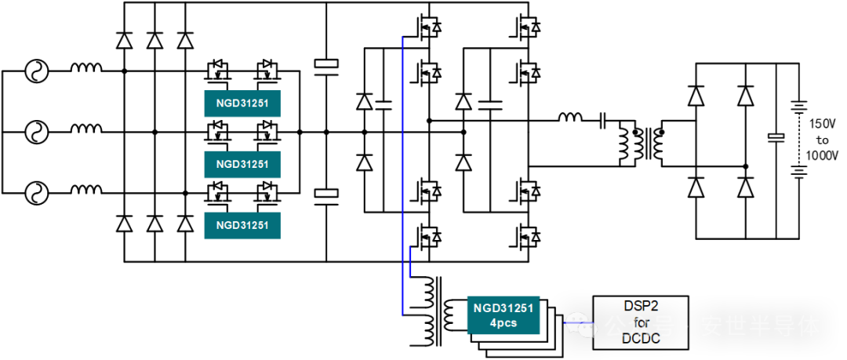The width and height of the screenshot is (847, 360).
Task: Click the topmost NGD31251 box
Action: pyautogui.click(x=242, y=104)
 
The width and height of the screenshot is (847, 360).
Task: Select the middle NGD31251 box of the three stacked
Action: pyautogui.click(x=242, y=165)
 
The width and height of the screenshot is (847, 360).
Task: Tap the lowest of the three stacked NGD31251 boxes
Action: pyautogui.click(x=242, y=226)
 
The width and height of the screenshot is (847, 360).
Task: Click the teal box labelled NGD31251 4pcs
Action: pyautogui.click(x=503, y=315)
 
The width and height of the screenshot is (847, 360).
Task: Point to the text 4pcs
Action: pyautogui.click(x=503, y=323)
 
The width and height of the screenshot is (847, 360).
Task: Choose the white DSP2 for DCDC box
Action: pyautogui.click(x=641, y=322)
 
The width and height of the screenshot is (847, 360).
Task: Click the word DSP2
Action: pyautogui.click(x=642, y=306)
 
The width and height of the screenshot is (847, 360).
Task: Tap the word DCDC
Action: pyautogui.click(x=641, y=339)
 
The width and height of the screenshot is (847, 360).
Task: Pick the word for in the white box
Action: pyautogui.click(x=642, y=322)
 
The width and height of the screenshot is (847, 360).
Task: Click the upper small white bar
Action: pyautogui.click(x=326, y=64)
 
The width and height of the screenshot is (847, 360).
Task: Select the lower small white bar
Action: pyautogui.click(x=326, y=193)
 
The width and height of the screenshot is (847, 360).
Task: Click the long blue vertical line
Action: pyautogui.click(x=402, y=173)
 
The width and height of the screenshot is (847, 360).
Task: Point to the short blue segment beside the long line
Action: pyautogui.click(x=410, y=261)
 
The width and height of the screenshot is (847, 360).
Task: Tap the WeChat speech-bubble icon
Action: pyautogui.click(x=579, y=324)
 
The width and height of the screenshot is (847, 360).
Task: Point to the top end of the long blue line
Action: pyautogui.click(x=402, y=37)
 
